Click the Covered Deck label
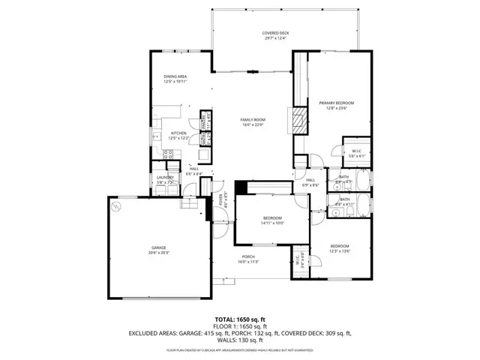[275, 36]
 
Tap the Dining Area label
[175, 79]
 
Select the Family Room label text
[253, 122]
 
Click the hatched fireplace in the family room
[299, 120]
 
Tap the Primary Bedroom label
[336, 105]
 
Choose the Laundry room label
[165, 180]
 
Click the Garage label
[158, 250]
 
